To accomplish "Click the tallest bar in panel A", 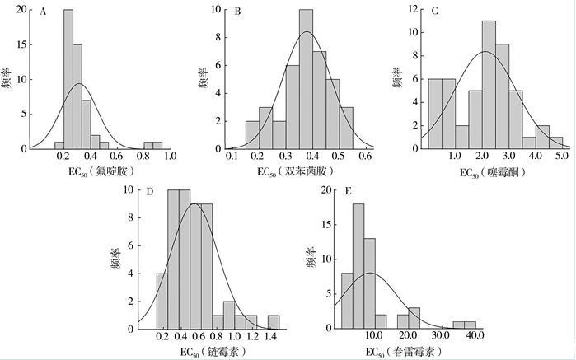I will click(x=68, y=79).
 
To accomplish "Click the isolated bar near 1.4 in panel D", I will click(x=273, y=322).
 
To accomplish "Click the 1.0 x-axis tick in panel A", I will click(x=169, y=155).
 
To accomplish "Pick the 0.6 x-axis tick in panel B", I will click(x=365, y=155).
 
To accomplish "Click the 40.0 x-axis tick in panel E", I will click(x=475, y=335).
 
